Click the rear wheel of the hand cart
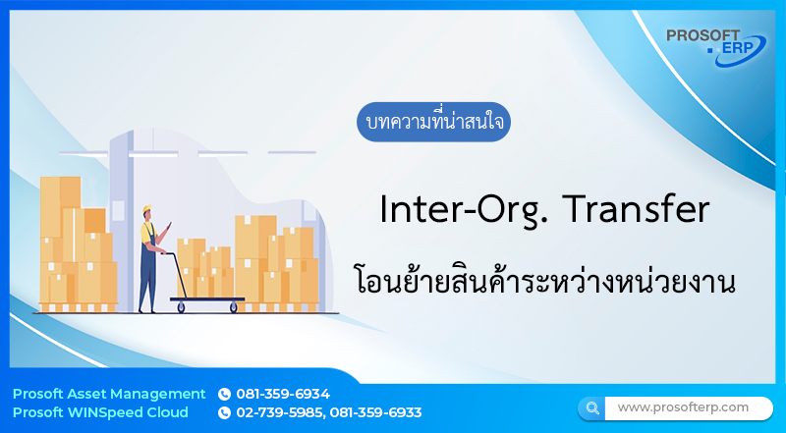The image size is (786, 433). [x=180, y=307]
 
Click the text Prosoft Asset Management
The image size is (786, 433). [x=109, y=394]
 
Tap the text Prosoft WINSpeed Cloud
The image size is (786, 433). [x=100, y=412]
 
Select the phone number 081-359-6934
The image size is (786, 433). [x=283, y=394]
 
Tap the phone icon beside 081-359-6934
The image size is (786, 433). [x=224, y=395]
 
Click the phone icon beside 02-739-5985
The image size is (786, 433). [x=224, y=413]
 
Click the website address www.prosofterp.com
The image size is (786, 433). [x=683, y=406]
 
